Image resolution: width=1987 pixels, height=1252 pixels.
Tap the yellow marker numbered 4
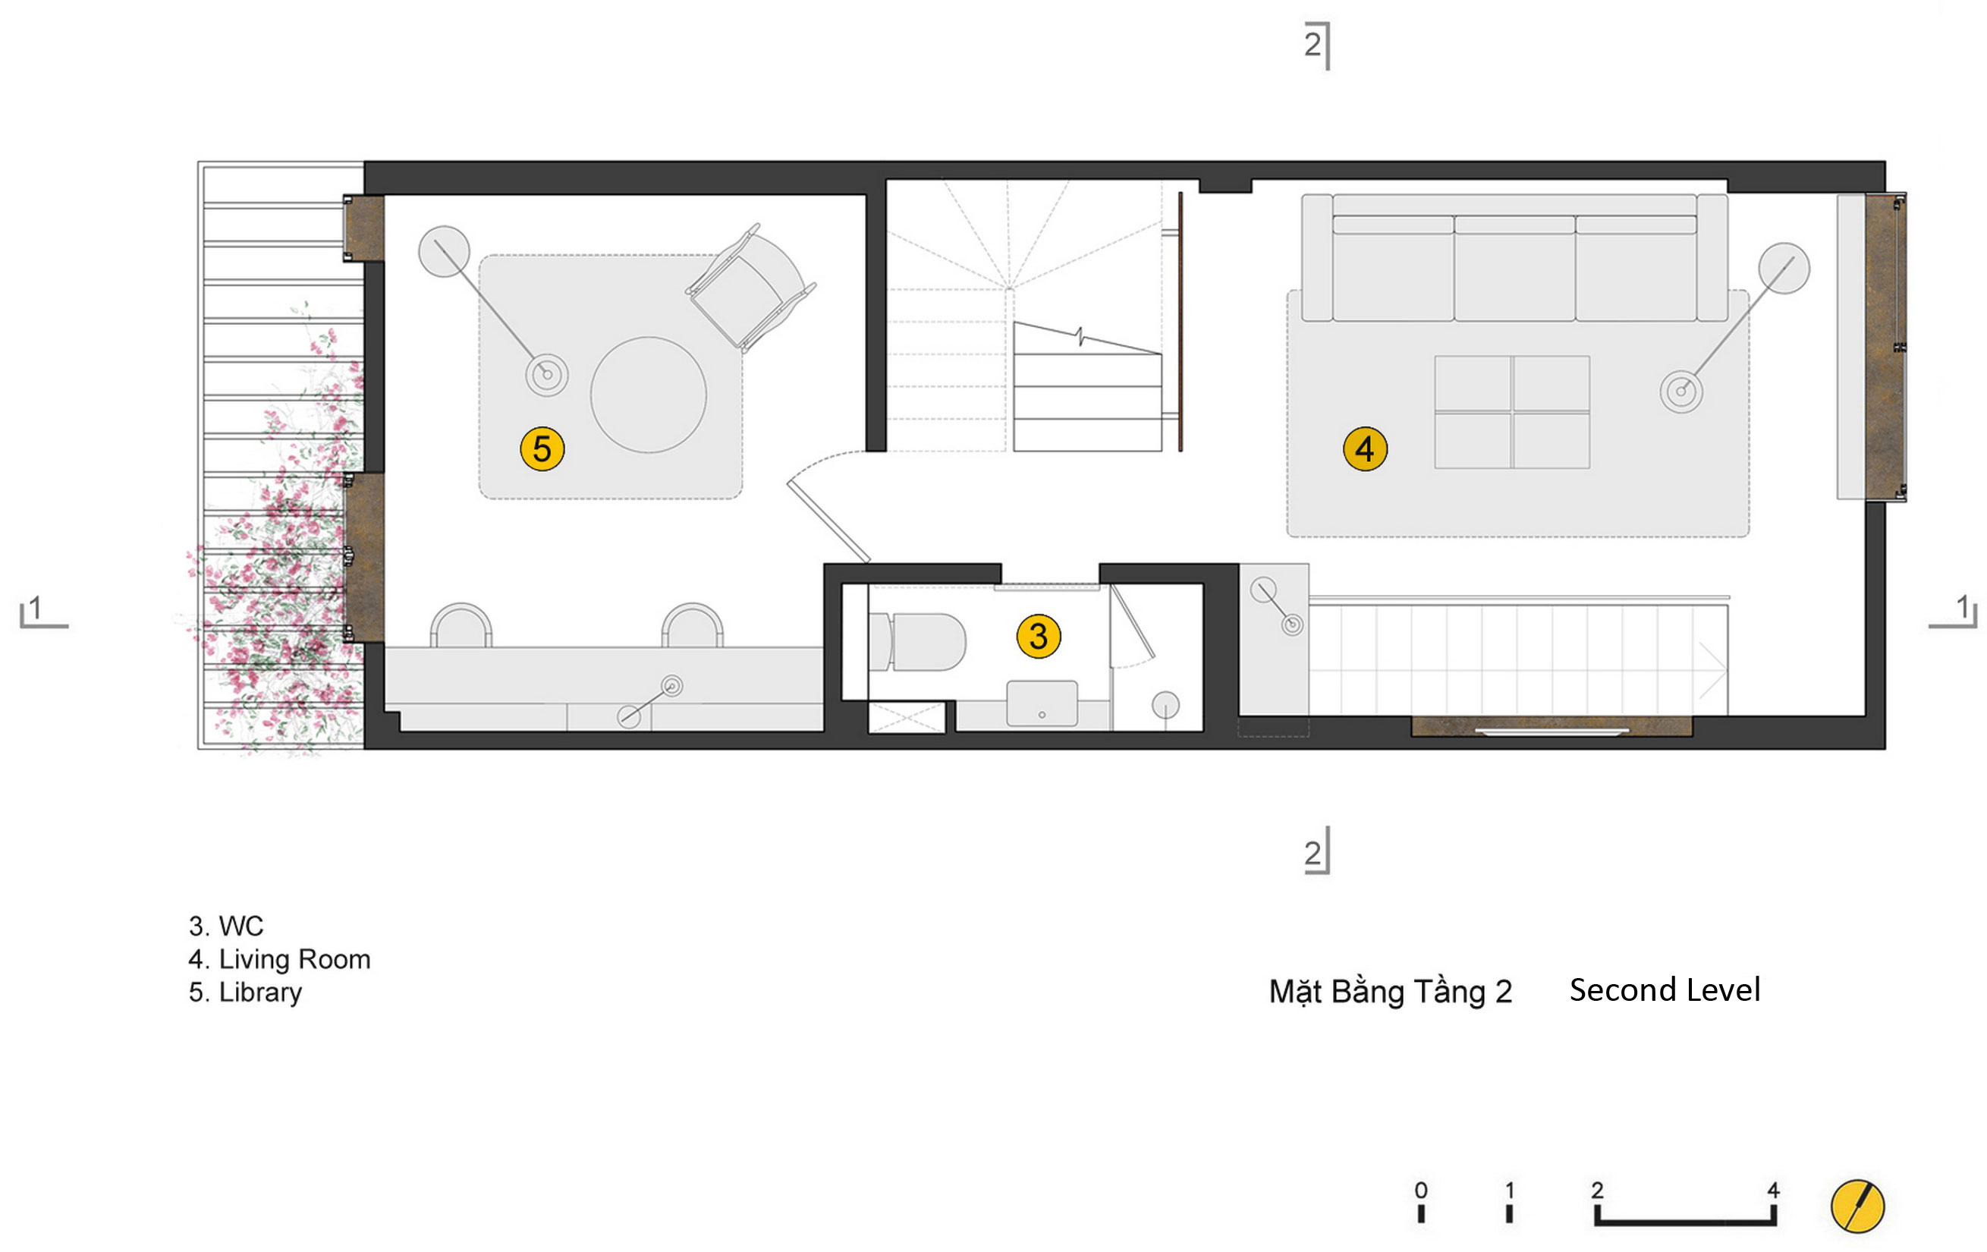(x=1365, y=449)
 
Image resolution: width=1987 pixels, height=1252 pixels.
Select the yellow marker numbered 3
(x=1038, y=637)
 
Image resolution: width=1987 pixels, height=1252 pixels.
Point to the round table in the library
(x=649, y=395)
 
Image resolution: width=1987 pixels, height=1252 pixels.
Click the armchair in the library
(x=750, y=288)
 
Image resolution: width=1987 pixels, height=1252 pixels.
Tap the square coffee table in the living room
(x=1512, y=412)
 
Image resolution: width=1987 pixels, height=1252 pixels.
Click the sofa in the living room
(x=1514, y=260)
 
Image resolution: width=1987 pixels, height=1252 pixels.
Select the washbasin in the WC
(x=1042, y=703)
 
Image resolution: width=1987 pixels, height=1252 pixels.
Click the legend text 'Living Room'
(x=294, y=959)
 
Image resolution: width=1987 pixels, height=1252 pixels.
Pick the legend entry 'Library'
(x=260, y=992)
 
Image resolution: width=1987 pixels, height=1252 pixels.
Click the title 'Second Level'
(x=1665, y=989)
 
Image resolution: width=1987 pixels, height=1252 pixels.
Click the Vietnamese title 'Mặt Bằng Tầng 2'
(x=1391, y=991)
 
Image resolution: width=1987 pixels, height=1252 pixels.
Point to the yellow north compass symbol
(x=1857, y=1206)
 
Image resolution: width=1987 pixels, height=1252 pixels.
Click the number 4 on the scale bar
(x=1773, y=1190)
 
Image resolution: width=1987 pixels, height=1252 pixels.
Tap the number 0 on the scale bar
(x=1421, y=1190)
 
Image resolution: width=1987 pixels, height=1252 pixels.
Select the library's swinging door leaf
(x=828, y=521)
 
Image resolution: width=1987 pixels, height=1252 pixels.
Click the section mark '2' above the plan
(x=1312, y=44)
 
